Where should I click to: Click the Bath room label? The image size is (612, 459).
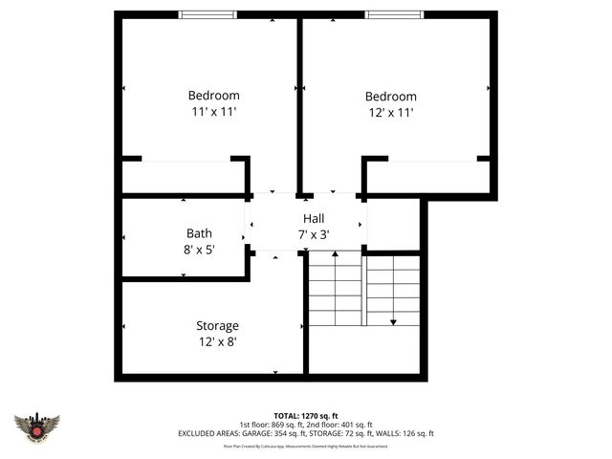pos(199,233)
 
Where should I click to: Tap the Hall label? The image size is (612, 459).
pos(314,219)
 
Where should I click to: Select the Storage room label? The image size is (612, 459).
pos(217,326)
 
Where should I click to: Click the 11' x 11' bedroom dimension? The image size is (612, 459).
pos(213,111)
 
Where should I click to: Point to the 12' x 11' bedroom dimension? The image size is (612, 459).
pos(390,112)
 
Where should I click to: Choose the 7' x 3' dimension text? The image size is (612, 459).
pos(314,234)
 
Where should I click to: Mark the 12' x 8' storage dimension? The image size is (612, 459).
pos(217,341)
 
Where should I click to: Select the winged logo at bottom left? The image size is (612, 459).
pos(37,426)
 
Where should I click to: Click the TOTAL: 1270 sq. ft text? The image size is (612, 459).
pos(306,416)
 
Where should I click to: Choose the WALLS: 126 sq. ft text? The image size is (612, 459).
pos(406,433)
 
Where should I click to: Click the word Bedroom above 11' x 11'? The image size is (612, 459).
pos(213,96)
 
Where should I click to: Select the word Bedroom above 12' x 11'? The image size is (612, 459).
pos(390,97)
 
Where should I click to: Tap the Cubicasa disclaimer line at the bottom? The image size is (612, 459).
pos(306,446)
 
